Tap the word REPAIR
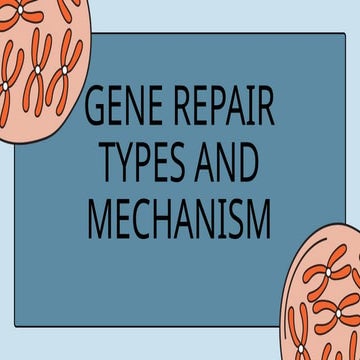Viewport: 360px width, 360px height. click(222, 109)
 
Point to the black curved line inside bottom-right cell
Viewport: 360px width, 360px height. click(300, 330)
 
